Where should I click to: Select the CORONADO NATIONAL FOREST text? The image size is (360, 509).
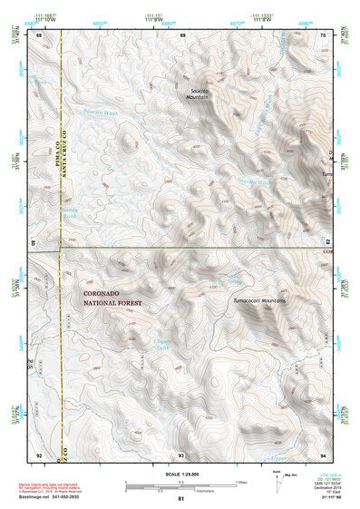[x=112, y=299]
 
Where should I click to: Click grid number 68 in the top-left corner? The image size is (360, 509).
[x=39, y=34]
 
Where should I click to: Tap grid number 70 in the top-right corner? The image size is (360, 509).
[x=323, y=34]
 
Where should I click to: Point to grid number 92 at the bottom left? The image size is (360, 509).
[x=39, y=454]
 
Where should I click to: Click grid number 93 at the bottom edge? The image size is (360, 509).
[x=181, y=454]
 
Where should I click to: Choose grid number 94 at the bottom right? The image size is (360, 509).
[x=323, y=454]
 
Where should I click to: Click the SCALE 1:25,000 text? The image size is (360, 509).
[x=181, y=475]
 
